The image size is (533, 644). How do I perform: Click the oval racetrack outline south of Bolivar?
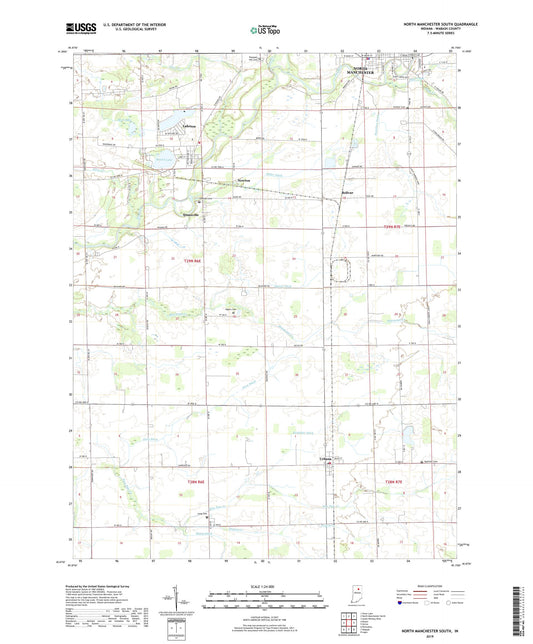(344, 271)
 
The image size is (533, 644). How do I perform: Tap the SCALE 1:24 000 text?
(266, 586)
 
